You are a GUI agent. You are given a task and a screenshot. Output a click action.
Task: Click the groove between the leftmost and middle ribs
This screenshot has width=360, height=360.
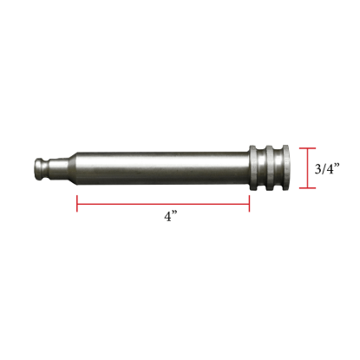261,167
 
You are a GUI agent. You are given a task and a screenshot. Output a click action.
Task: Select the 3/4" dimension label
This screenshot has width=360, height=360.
326,170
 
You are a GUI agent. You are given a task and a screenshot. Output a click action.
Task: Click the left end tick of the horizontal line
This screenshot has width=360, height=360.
77,202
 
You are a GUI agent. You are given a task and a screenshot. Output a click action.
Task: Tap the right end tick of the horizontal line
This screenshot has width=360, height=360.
250,202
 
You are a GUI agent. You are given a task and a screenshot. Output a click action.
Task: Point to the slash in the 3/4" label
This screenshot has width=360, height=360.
324,170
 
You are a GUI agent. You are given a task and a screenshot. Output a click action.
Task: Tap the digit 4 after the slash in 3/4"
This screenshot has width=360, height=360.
330,170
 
